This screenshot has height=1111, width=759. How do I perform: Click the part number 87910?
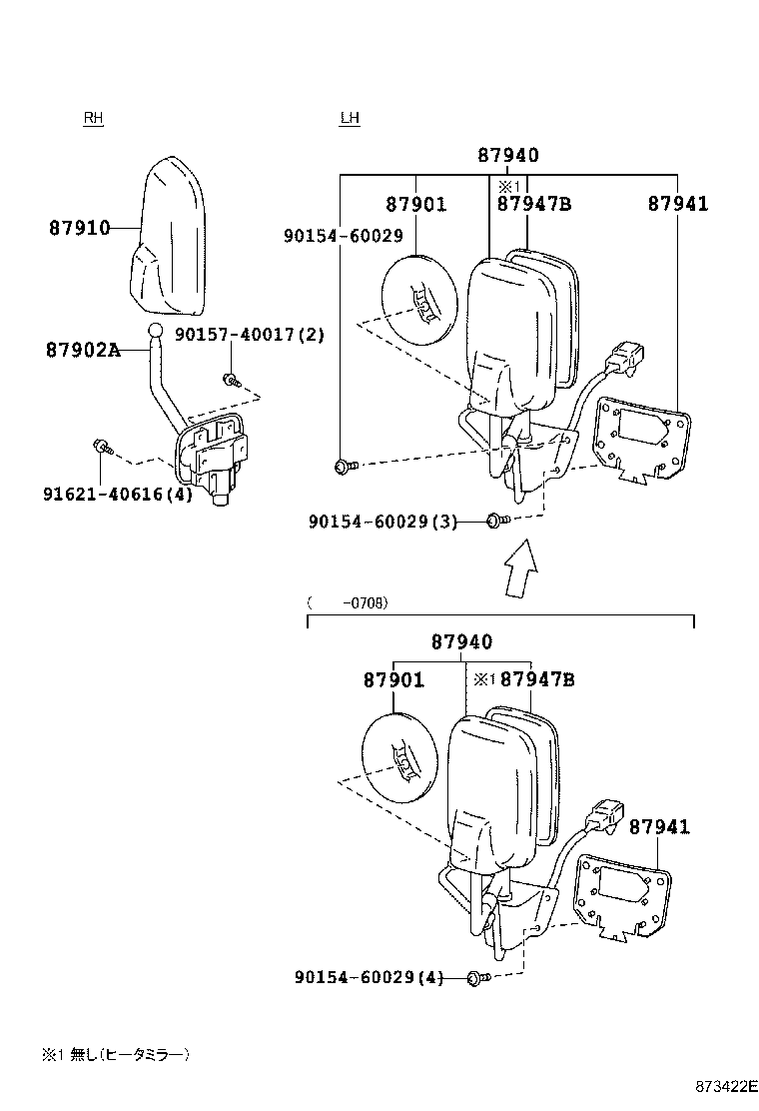[x=79, y=228]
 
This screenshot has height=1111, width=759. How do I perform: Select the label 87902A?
[x=83, y=350]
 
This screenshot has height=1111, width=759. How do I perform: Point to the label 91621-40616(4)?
[x=117, y=494]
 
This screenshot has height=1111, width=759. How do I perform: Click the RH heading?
[x=93, y=118]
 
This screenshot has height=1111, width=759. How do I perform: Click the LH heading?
[x=350, y=118]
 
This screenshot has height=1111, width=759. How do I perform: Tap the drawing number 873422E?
[x=728, y=1087]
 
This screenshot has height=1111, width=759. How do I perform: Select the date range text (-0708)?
[x=348, y=602]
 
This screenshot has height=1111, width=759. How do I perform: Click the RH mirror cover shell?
[x=170, y=230]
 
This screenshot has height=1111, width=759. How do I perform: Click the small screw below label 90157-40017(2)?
[x=232, y=379]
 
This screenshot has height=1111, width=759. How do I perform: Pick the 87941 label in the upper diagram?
[x=677, y=204]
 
